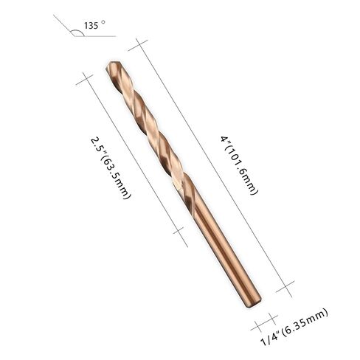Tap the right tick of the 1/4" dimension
272,317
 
